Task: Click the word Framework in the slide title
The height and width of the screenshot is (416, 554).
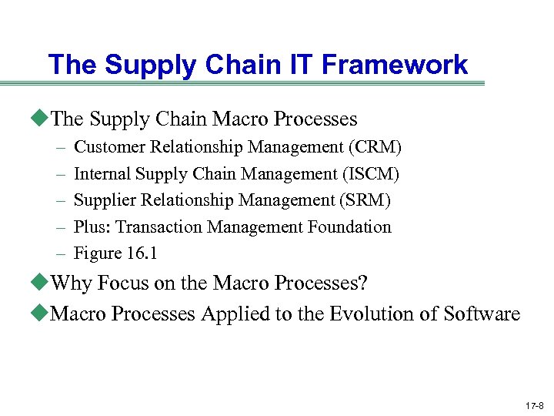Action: tap(395, 65)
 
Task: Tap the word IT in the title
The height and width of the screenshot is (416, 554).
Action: tap(302, 65)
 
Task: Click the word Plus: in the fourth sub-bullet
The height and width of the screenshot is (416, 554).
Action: tap(91, 226)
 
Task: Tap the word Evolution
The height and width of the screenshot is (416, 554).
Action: tap(372, 314)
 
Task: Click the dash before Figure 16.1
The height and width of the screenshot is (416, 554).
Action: tap(60, 253)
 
